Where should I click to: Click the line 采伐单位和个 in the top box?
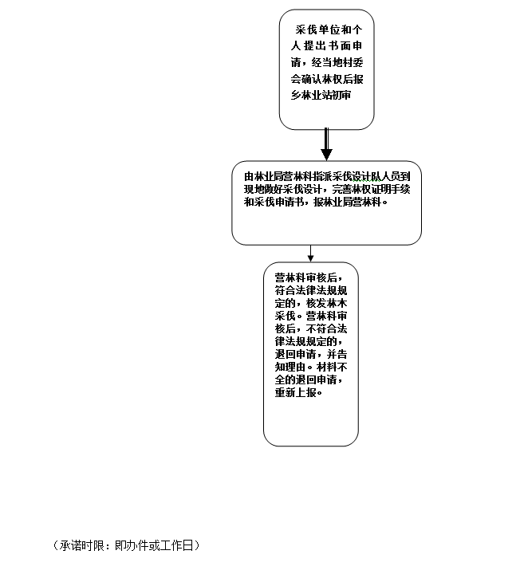(x=327, y=28)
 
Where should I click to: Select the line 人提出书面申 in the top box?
(x=326, y=45)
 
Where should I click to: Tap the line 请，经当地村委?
(x=326, y=62)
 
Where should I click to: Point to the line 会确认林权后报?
(x=326, y=79)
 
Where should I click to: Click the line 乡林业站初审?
(x=321, y=96)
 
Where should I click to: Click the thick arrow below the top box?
(x=326, y=145)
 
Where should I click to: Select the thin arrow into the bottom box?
(x=311, y=254)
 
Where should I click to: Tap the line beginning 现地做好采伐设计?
(x=327, y=190)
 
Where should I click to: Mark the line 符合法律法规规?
(x=310, y=291)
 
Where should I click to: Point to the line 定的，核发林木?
(x=310, y=304)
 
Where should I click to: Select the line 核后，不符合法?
(x=310, y=329)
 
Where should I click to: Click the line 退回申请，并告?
(x=310, y=355)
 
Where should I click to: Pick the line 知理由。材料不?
(x=310, y=368)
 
